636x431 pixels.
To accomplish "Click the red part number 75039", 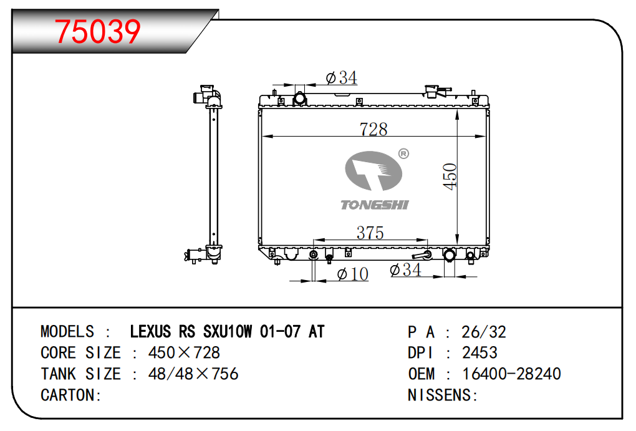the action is point(98,32).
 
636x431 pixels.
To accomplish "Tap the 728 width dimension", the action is point(373,129).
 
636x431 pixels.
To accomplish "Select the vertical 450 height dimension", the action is point(450,176).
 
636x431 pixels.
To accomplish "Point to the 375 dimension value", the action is point(370,233).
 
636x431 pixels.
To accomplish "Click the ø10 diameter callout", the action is point(352,274).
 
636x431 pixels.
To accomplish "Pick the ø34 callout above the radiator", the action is point(341,77).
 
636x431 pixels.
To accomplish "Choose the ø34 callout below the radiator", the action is point(405,270).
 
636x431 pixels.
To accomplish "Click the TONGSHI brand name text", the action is point(374,205).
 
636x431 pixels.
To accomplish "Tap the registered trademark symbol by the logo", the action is point(403,153).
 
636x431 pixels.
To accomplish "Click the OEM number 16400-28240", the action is point(511,374).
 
